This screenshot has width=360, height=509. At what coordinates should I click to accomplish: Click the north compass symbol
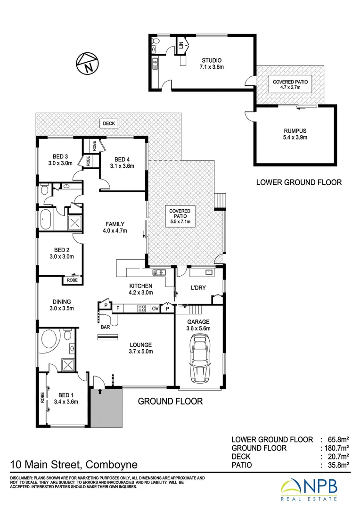pyautogui.click(x=87, y=63)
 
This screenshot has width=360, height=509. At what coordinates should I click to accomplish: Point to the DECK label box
pyautogui.click(x=109, y=123)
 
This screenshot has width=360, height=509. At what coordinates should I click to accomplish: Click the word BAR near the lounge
pyautogui.click(x=105, y=326)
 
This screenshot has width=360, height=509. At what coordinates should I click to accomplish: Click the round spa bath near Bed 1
pyautogui.click(x=50, y=339)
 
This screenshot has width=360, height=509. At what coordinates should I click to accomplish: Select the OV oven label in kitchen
pyautogui.click(x=155, y=309)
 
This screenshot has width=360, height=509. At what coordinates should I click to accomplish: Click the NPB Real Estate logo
pyautogui.click(x=316, y=490)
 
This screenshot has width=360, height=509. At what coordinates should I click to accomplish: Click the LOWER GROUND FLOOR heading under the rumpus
pyautogui.click(x=298, y=182)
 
